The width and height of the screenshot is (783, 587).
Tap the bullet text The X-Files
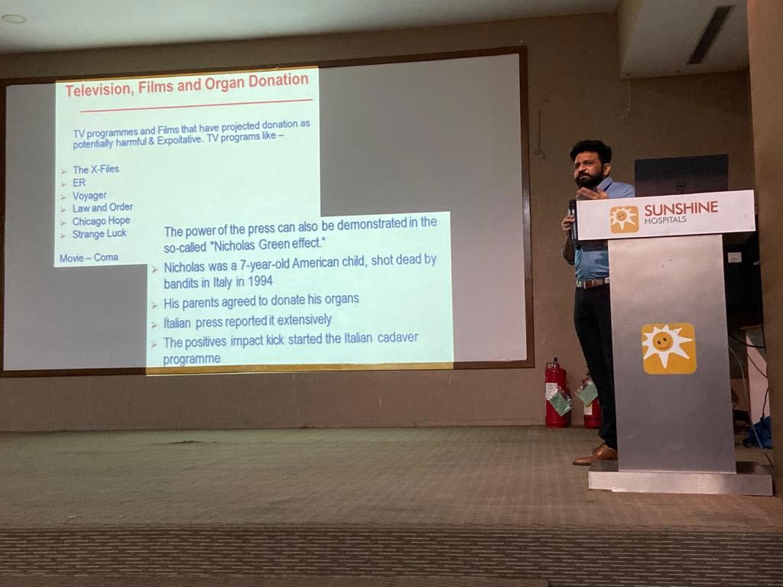(96, 169)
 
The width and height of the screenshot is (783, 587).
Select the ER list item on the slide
(79, 183)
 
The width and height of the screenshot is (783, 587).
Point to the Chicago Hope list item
(102, 221)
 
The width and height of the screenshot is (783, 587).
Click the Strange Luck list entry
(99, 234)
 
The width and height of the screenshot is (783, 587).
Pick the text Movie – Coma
(89, 258)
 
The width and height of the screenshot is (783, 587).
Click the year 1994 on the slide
(260, 281)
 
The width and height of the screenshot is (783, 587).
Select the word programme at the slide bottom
(192, 359)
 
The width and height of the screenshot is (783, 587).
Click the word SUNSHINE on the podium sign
(681, 208)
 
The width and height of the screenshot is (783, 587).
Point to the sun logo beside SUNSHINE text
(624, 219)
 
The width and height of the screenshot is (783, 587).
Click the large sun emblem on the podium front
(668, 349)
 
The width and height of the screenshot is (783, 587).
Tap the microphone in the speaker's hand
(573, 219)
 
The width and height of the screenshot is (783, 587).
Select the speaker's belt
(593, 283)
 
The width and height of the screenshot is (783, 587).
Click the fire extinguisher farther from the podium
(557, 394)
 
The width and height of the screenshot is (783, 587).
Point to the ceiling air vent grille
(710, 34)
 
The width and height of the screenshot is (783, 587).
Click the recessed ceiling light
(14, 18)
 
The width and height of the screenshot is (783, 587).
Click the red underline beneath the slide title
(197, 105)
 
